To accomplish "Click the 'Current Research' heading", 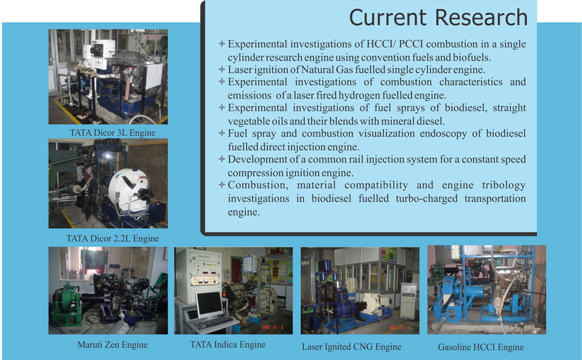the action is [438, 17].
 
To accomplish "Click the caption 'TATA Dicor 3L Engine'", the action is [113, 133].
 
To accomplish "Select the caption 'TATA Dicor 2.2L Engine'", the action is [113, 238].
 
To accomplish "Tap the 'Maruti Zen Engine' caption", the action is [113, 345].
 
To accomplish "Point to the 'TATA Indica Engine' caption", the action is [228, 345].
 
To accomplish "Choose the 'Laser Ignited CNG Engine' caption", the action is [351, 347].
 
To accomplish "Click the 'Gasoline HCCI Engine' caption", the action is [481, 347].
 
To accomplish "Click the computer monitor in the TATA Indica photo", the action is [209, 305].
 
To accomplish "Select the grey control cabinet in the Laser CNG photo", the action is [409, 300].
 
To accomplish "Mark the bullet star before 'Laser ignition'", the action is [222, 69].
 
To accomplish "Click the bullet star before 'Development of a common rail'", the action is [222, 159].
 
